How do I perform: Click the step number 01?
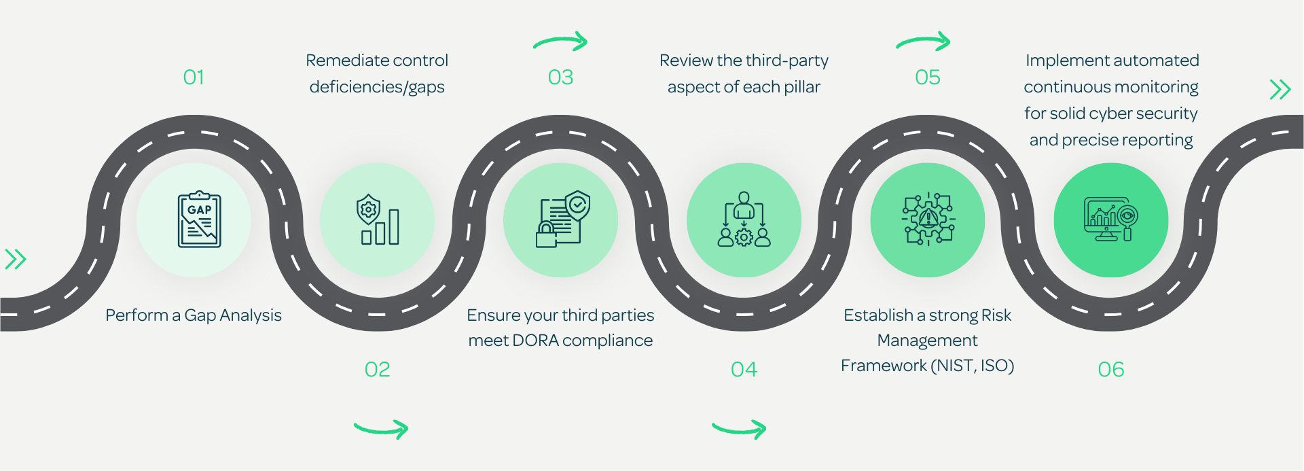coord(194,77)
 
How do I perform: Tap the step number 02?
coord(378,370)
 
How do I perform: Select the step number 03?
coord(561,77)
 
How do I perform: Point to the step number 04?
coord(744,370)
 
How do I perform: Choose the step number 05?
coord(928,77)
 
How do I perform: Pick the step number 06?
coord(1111,370)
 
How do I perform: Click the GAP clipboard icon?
coord(199,220)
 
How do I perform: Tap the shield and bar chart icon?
coord(378,220)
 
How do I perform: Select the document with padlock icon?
coord(562,220)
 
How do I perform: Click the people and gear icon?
coord(744,220)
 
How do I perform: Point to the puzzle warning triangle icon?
coord(928,220)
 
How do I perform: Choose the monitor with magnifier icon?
coord(1111,220)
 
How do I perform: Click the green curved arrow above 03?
coord(561,41)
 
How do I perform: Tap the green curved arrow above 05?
coord(924,41)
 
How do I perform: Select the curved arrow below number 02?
coord(382,429)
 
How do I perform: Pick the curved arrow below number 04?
coord(740,429)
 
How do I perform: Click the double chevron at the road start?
coord(16,259)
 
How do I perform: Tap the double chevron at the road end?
coord(1280,89)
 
